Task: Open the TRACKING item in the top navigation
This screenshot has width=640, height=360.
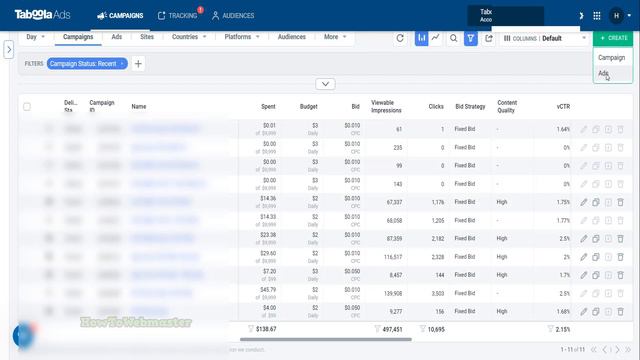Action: (182, 16)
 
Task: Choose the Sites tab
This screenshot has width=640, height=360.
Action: (147, 37)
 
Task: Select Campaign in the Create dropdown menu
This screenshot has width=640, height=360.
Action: (611, 58)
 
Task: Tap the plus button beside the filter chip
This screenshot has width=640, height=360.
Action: (138, 64)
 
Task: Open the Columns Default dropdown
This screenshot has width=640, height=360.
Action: (545, 38)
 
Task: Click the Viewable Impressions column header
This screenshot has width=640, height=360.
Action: (387, 105)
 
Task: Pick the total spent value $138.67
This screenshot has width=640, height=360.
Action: (266, 329)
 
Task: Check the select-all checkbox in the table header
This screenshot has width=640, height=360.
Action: (27, 106)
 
